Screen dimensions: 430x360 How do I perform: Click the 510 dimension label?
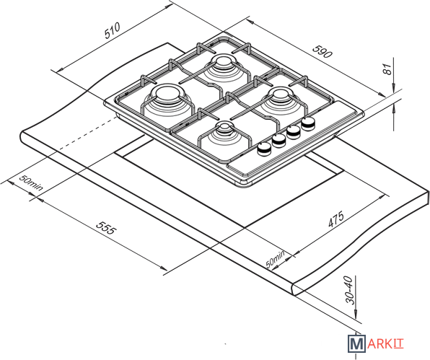click(x=112, y=30)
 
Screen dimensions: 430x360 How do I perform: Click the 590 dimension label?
click(x=322, y=51)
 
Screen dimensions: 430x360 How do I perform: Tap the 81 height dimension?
click(x=387, y=69)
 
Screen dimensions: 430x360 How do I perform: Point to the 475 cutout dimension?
click(x=336, y=219)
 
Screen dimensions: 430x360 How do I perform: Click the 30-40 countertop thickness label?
click(x=350, y=290)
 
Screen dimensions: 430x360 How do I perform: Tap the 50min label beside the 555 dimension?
click(x=31, y=183)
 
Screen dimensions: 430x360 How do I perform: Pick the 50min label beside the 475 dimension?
click(x=276, y=259)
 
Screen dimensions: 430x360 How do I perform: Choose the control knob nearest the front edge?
click(x=264, y=149)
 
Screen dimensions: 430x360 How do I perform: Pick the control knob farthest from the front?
click(x=308, y=123)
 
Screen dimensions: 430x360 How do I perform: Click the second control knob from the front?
click(x=279, y=141)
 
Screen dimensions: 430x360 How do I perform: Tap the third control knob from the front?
click(x=294, y=132)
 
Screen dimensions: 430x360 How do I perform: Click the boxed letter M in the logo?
click(x=356, y=343)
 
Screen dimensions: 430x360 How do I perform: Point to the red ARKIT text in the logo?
click(x=385, y=344)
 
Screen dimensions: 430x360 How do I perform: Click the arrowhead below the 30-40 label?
click(x=356, y=315)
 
